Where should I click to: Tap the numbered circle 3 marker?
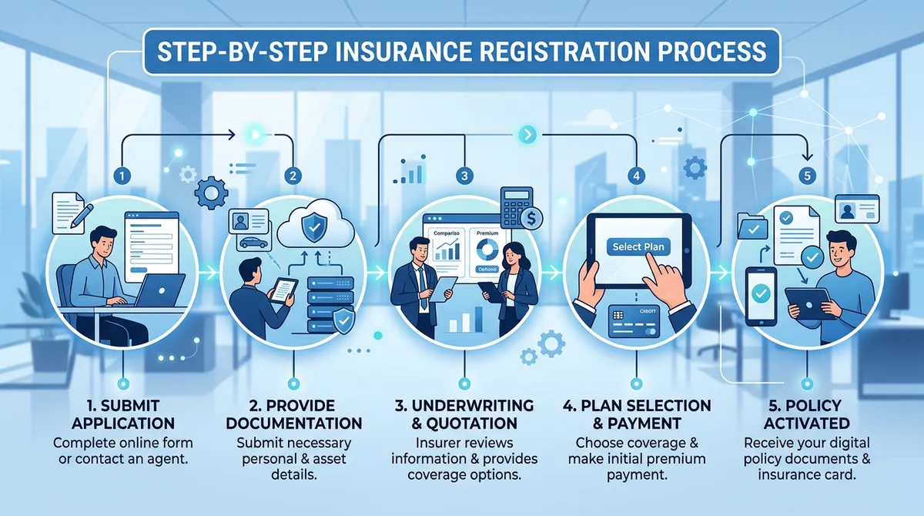tap(463, 176)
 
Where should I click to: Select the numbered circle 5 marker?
tap(806, 176)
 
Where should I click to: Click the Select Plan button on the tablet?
tap(639, 247)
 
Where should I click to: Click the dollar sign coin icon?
tap(532, 220)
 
